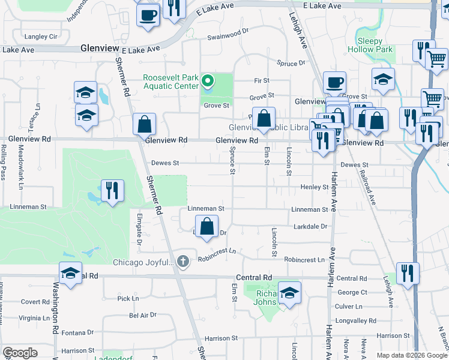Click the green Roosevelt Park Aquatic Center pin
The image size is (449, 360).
pyautogui.click(x=208, y=80)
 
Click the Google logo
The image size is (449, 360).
pyautogui.click(x=20, y=352)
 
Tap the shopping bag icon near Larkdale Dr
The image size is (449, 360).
pyautogui.click(x=207, y=227)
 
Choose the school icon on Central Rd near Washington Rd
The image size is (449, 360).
pyautogui.click(x=70, y=273)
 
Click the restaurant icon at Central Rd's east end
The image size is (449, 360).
pyautogui.click(x=408, y=274)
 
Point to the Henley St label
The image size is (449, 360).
pyautogui.click(x=314, y=187)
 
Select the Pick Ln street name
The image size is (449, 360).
pyautogui.click(x=128, y=298)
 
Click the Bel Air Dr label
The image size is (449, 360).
pyautogui.click(x=143, y=314)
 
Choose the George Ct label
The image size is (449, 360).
pyautogui.click(x=352, y=292)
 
